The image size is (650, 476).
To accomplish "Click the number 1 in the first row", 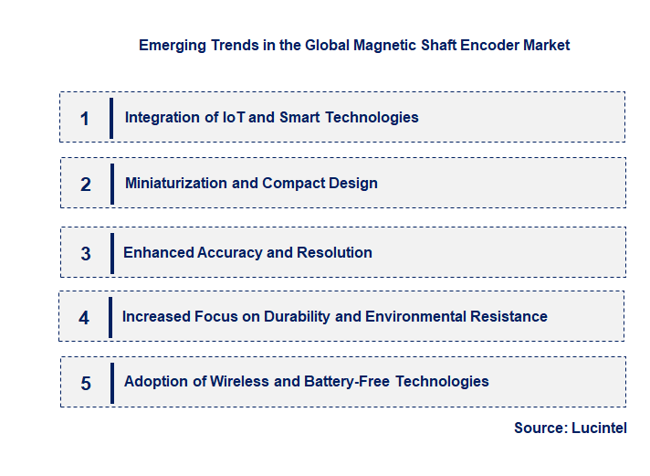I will (x=85, y=118).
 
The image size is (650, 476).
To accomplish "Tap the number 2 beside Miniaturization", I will (x=86, y=185).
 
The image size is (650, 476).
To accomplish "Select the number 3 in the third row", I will (x=86, y=254).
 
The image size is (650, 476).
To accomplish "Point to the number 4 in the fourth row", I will (x=84, y=318).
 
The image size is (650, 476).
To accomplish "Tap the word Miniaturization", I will (x=176, y=183).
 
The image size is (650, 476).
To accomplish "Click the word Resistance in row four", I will (x=508, y=316).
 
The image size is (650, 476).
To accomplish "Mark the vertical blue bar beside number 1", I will (x=111, y=118).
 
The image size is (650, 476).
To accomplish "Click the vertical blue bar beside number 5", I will (x=111, y=382).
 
